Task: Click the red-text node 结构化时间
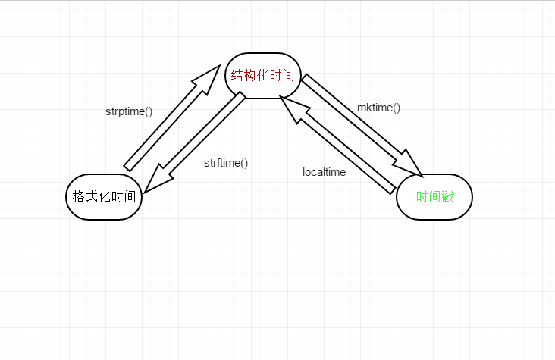pyautogui.click(x=263, y=76)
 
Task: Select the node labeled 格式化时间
pyautogui.click(x=104, y=197)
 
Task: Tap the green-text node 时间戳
pyautogui.click(x=434, y=197)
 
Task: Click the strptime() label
pyautogui.click(x=129, y=111)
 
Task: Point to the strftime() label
pyautogui.click(x=226, y=162)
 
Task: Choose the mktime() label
pyautogui.click(x=378, y=108)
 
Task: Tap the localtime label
pyautogui.click(x=324, y=172)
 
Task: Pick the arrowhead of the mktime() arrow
pyautogui.click(x=413, y=165)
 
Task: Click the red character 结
pyautogui.click(x=237, y=76)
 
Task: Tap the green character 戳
pyautogui.click(x=447, y=197)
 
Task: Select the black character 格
pyautogui.click(x=77, y=197)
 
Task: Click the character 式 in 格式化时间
pyautogui.click(x=91, y=197)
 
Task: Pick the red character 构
pyautogui.click(x=250, y=76)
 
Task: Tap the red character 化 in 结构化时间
pyautogui.click(x=263, y=76)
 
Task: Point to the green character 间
pyautogui.click(x=434, y=197)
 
